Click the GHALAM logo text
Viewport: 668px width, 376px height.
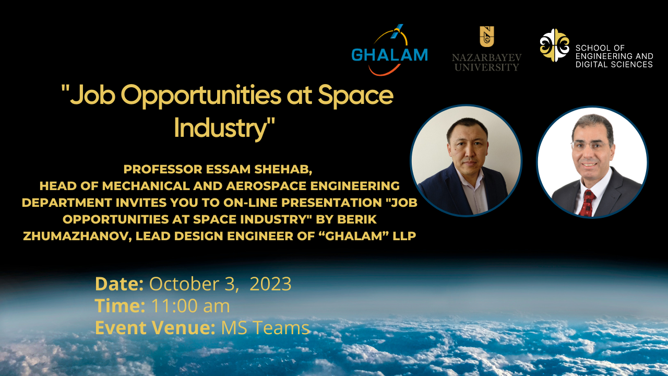click(x=390, y=55)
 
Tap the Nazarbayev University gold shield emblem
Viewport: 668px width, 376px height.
click(x=487, y=37)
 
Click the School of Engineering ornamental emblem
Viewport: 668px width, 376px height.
click(x=554, y=45)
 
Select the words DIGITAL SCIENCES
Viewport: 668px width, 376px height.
click(x=614, y=64)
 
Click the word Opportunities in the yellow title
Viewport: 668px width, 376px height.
click(x=201, y=96)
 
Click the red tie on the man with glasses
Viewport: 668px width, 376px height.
click(x=587, y=203)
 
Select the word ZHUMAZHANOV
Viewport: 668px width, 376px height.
click(x=77, y=236)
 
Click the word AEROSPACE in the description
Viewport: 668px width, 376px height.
click(x=266, y=186)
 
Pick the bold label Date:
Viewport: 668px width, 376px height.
click(x=120, y=284)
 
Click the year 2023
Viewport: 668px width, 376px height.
click(x=270, y=284)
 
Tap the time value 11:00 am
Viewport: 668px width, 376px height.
click(x=190, y=306)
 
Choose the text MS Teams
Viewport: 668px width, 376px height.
click(x=265, y=327)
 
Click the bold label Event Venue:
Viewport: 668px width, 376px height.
click(x=155, y=327)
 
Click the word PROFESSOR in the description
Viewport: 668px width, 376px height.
click(x=163, y=169)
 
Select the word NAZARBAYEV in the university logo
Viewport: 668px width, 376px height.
click(x=487, y=57)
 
